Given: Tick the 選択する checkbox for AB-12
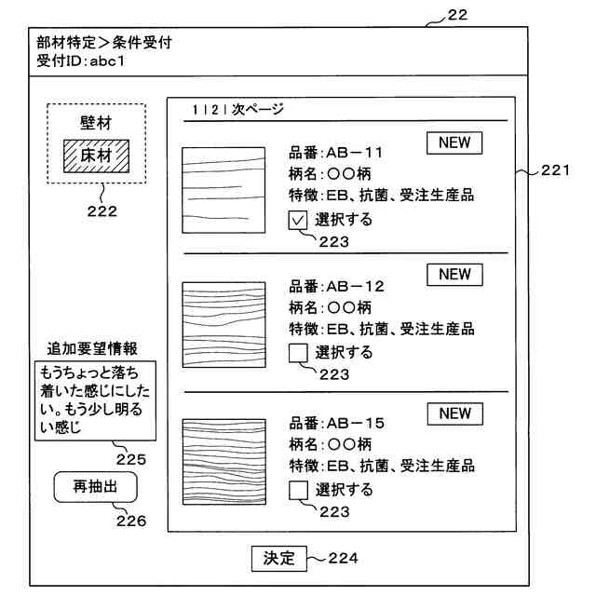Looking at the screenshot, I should click(299, 353).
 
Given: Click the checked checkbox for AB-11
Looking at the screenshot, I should click(299, 221).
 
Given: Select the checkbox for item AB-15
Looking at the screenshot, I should click(299, 489).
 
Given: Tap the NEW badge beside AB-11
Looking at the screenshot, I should click(454, 142).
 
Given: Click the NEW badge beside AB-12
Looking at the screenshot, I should click(454, 275).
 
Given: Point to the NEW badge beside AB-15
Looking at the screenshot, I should click(454, 413).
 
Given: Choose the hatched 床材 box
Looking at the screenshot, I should click(97, 155).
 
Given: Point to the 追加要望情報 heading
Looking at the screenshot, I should click(93, 349).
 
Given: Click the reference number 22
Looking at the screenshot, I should click(457, 14).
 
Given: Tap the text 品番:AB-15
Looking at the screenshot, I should click(337, 423).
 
